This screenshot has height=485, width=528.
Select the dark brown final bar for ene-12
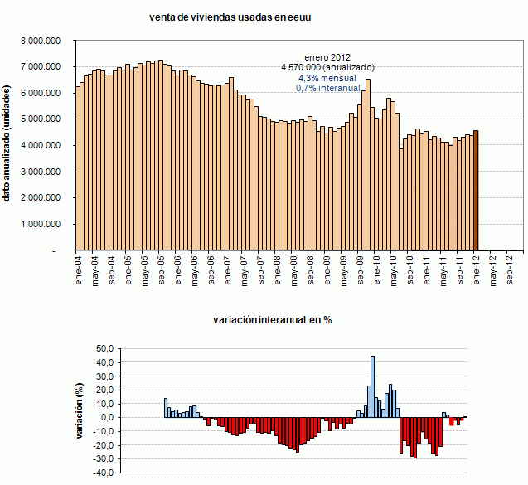[x=475, y=190]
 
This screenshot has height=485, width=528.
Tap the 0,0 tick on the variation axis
[x=105, y=418]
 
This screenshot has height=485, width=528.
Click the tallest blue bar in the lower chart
[x=373, y=387]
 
